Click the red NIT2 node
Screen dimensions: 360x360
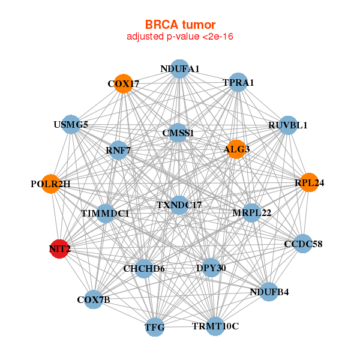point(59,248)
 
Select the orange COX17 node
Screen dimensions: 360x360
point(124,84)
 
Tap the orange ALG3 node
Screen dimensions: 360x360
point(236,149)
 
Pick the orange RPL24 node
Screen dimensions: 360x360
point(309,183)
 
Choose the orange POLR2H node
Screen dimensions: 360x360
point(51,184)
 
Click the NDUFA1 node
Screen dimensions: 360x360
point(179,69)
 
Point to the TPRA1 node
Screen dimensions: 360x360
point(238,82)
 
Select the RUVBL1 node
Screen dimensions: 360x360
point(288,125)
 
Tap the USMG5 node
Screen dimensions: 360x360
point(71,125)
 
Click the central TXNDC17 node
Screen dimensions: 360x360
point(179,205)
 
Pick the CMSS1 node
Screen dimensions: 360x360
point(178,133)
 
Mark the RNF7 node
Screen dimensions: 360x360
point(118,149)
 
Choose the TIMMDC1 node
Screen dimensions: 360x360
point(106,213)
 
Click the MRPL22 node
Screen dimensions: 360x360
point(252,212)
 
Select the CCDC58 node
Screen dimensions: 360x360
point(303,244)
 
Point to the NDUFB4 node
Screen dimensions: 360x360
point(269,292)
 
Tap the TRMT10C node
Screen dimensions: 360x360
point(215,326)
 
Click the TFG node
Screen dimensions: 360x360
point(154,327)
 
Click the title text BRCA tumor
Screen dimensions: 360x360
point(180,25)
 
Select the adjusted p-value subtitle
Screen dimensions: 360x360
point(180,37)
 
